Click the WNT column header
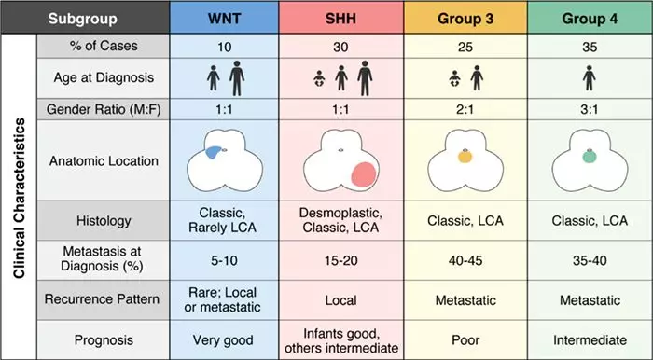pos(224,19)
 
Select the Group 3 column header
pos(465,19)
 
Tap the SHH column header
pos(340,19)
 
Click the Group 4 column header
pos(590,19)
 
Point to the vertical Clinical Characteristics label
pos(20,198)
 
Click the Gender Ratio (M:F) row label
pos(104,109)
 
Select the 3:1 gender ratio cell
pos(590,109)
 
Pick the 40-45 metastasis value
pos(465,260)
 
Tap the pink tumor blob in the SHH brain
pos(364,174)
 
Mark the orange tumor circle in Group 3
pos(465,157)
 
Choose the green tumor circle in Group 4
pos(589,157)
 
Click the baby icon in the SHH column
pos(319,78)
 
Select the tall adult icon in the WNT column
pos(237,77)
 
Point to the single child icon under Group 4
pos(589,77)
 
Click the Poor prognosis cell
pos(465,340)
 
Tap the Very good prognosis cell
pos(223,340)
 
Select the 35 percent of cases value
pos(590,47)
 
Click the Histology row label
pos(104,221)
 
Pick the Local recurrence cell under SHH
pos(340,300)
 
